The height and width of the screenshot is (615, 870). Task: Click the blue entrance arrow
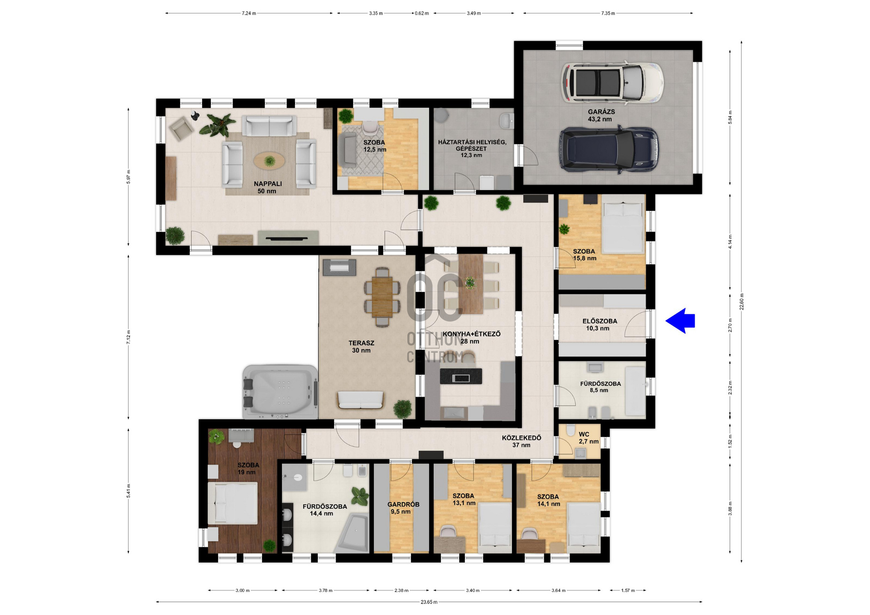pyautogui.click(x=680, y=321)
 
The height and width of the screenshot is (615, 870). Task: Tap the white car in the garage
pyautogui.click(x=613, y=82)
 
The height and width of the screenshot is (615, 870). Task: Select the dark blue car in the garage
pyautogui.click(x=609, y=149)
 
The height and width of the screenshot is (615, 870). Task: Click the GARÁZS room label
pyautogui.click(x=601, y=111)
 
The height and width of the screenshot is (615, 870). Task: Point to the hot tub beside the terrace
pyautogui.click(x=280, y=391)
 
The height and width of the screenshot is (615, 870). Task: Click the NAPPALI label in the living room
pyautogui.click(x=268, y=184)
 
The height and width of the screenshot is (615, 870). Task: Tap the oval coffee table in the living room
pyautogui.click(x=270, y=160)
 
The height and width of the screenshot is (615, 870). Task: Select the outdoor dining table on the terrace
pyautogui.click(x=382, y=297)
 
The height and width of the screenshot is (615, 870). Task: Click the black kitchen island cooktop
pyautogui.click(x=461, y=376)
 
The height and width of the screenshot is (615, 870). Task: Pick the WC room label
pyautogui.click(x=584, y=434)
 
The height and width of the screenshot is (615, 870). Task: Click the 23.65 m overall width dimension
pyautogui.click(x=429, y=602)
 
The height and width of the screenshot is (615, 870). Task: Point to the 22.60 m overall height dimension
pyautogui.click(x=742, y=302)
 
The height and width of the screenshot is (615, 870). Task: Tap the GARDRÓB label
pyautogui.click(x=403, y=504)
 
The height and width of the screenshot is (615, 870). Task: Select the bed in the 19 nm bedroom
pyautogui.click(x=232, y=503)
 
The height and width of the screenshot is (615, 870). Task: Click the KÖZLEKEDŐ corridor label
pyautogui.click(x=522, y=438)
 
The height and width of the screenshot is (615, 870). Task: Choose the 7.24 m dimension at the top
pyautogui.click(x=249, y=14)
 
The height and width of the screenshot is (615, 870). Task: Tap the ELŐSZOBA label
pyautogui.click(x=600, y=321)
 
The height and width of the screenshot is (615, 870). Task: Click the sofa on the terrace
pyautogui.click(x=361, y=400)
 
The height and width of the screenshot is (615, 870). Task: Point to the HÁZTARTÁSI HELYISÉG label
pyautogui.click(x=472, y=142)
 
